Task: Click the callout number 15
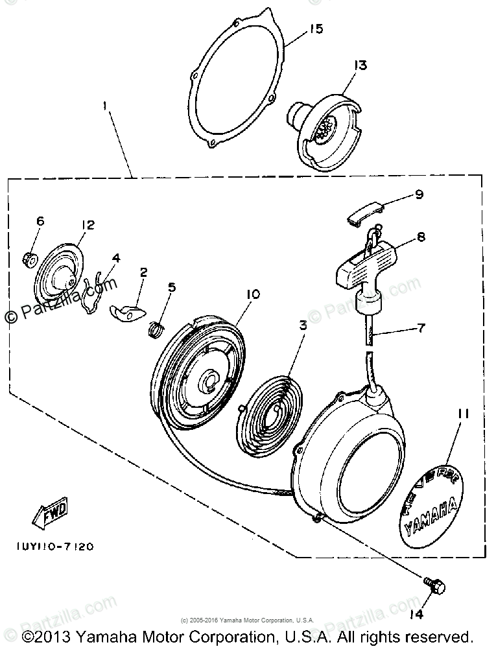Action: (x=316, y=29)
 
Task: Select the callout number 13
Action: (x=360, y=65)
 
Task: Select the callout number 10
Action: (x=252, y=294)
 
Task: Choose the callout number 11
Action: (x=465, y=412)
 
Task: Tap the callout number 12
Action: (x=88, y=224)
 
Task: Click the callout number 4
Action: (x=116, y=258)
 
